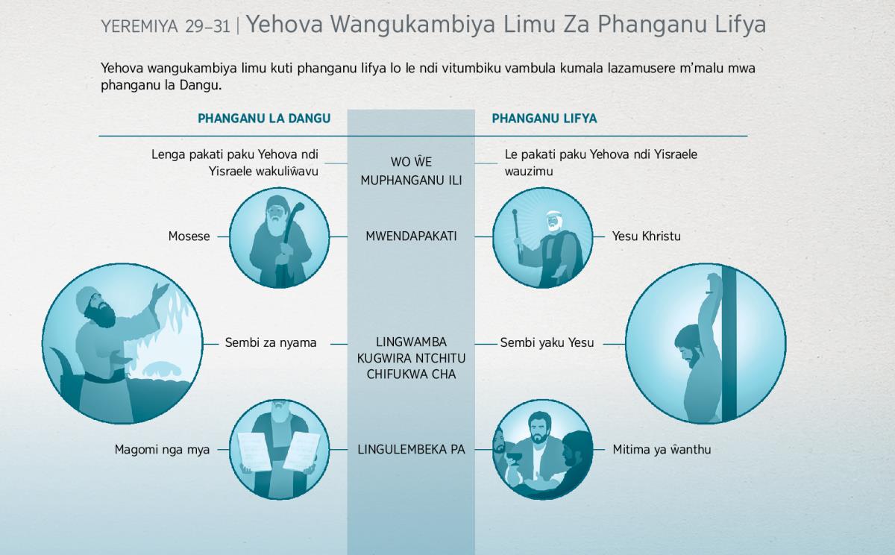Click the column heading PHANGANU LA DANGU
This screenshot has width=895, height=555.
[264, 119]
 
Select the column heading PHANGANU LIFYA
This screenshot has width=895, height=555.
[544, 119]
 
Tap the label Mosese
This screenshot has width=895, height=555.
[189, 236]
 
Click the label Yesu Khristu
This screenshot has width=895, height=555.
[647, 236]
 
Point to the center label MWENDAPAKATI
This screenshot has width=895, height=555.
[411, 236]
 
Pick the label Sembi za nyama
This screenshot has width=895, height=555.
[271, 343]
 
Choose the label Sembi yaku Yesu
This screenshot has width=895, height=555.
[547, 343]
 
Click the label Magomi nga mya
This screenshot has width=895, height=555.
[162, 450]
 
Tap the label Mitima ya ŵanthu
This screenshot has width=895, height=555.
[662, 450]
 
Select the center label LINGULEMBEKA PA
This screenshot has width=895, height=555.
[411, 450]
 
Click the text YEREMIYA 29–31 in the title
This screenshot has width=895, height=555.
[166, 27]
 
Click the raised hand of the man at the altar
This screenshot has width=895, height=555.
[161, 290]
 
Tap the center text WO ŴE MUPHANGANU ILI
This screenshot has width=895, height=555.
[411, 171]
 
